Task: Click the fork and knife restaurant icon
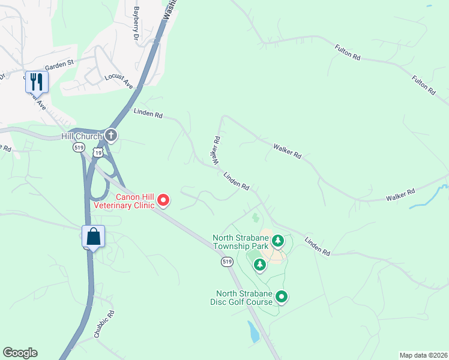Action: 35,82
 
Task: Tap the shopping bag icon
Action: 93,236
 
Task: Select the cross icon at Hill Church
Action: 110,136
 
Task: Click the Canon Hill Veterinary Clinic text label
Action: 123,200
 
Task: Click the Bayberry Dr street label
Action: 136,23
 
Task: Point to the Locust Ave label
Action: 118,81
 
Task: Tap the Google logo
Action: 20,353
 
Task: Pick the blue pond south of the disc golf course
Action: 253,331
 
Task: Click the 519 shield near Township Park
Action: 226,262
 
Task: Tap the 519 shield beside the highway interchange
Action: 78,147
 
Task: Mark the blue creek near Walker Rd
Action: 429,199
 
